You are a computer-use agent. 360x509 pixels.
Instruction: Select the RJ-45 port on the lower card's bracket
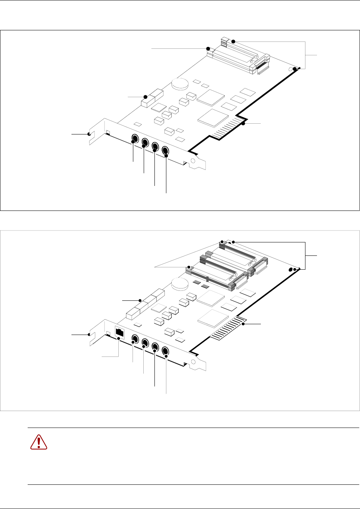(x=120, y=333)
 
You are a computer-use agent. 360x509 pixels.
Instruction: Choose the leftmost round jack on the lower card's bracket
(x=135, y=339)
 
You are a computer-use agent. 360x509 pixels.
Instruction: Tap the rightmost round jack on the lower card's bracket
(x=166, y=351)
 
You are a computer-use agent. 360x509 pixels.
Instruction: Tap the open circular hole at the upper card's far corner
(x=290, y=70)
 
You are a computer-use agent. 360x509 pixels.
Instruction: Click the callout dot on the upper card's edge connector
(x=243, y=124)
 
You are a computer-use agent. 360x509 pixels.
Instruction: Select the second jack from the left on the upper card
(x=145, y=143)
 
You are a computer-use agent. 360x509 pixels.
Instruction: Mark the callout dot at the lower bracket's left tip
(x=89, y=335)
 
